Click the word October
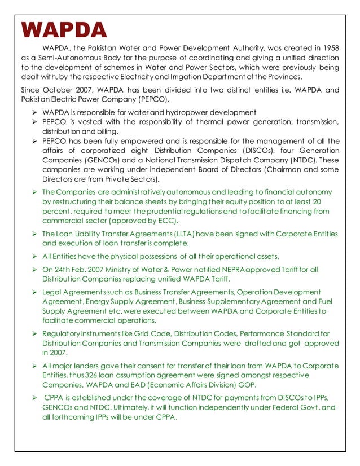coord(59,90)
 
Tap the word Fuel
coord(324,301)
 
